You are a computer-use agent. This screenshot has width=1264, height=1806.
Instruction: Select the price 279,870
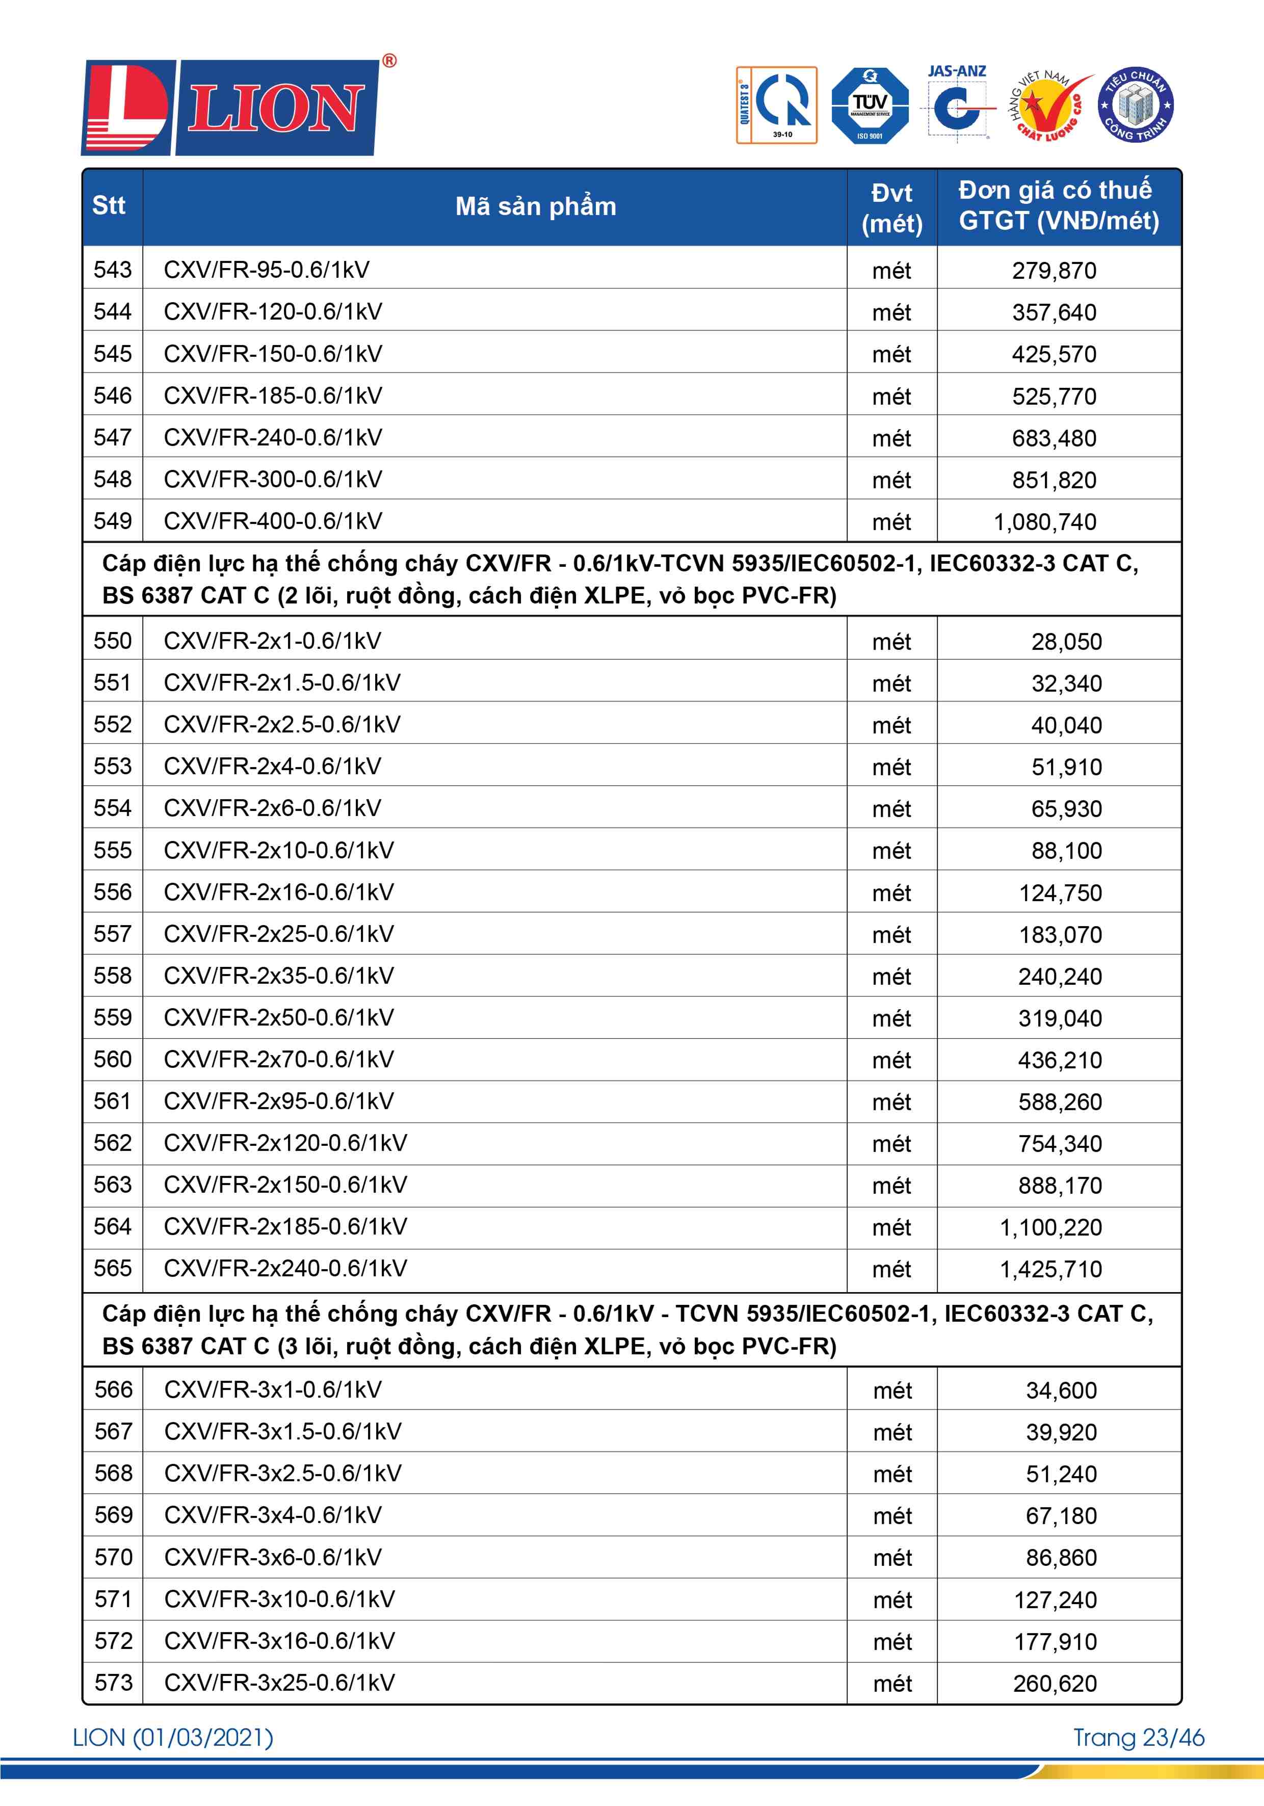(x=1054, y=271)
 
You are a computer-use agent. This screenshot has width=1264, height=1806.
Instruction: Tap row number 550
(x=113, y=641)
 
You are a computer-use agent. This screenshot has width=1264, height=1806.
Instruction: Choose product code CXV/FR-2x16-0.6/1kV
(x=278, y=892)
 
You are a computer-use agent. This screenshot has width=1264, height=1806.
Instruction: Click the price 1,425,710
(x=1051, y=1269)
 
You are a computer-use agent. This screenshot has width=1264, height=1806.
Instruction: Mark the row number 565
(x=113, y=1268)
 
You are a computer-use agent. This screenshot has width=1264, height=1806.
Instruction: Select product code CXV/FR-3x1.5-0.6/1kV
(x=282, y=1431)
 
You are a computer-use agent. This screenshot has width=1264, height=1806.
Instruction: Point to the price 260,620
(x=1055, y=1683)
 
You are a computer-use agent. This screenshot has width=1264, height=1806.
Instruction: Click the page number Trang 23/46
(x=1138, y=1738)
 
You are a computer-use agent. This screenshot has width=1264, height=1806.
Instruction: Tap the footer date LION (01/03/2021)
(x=173, y=1738)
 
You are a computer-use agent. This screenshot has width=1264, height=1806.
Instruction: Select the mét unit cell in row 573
(x=892, y=1683)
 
